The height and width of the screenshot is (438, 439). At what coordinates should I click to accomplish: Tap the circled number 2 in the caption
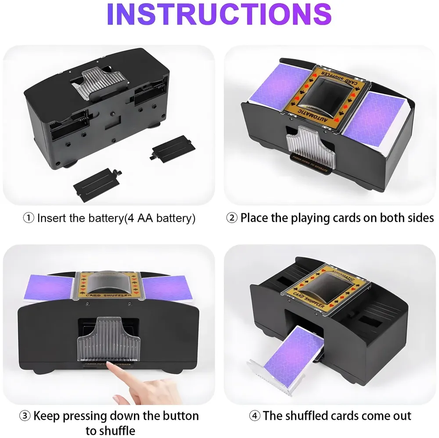coord(232,218)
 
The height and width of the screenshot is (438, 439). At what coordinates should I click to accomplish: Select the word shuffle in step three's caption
coord(117,430)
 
